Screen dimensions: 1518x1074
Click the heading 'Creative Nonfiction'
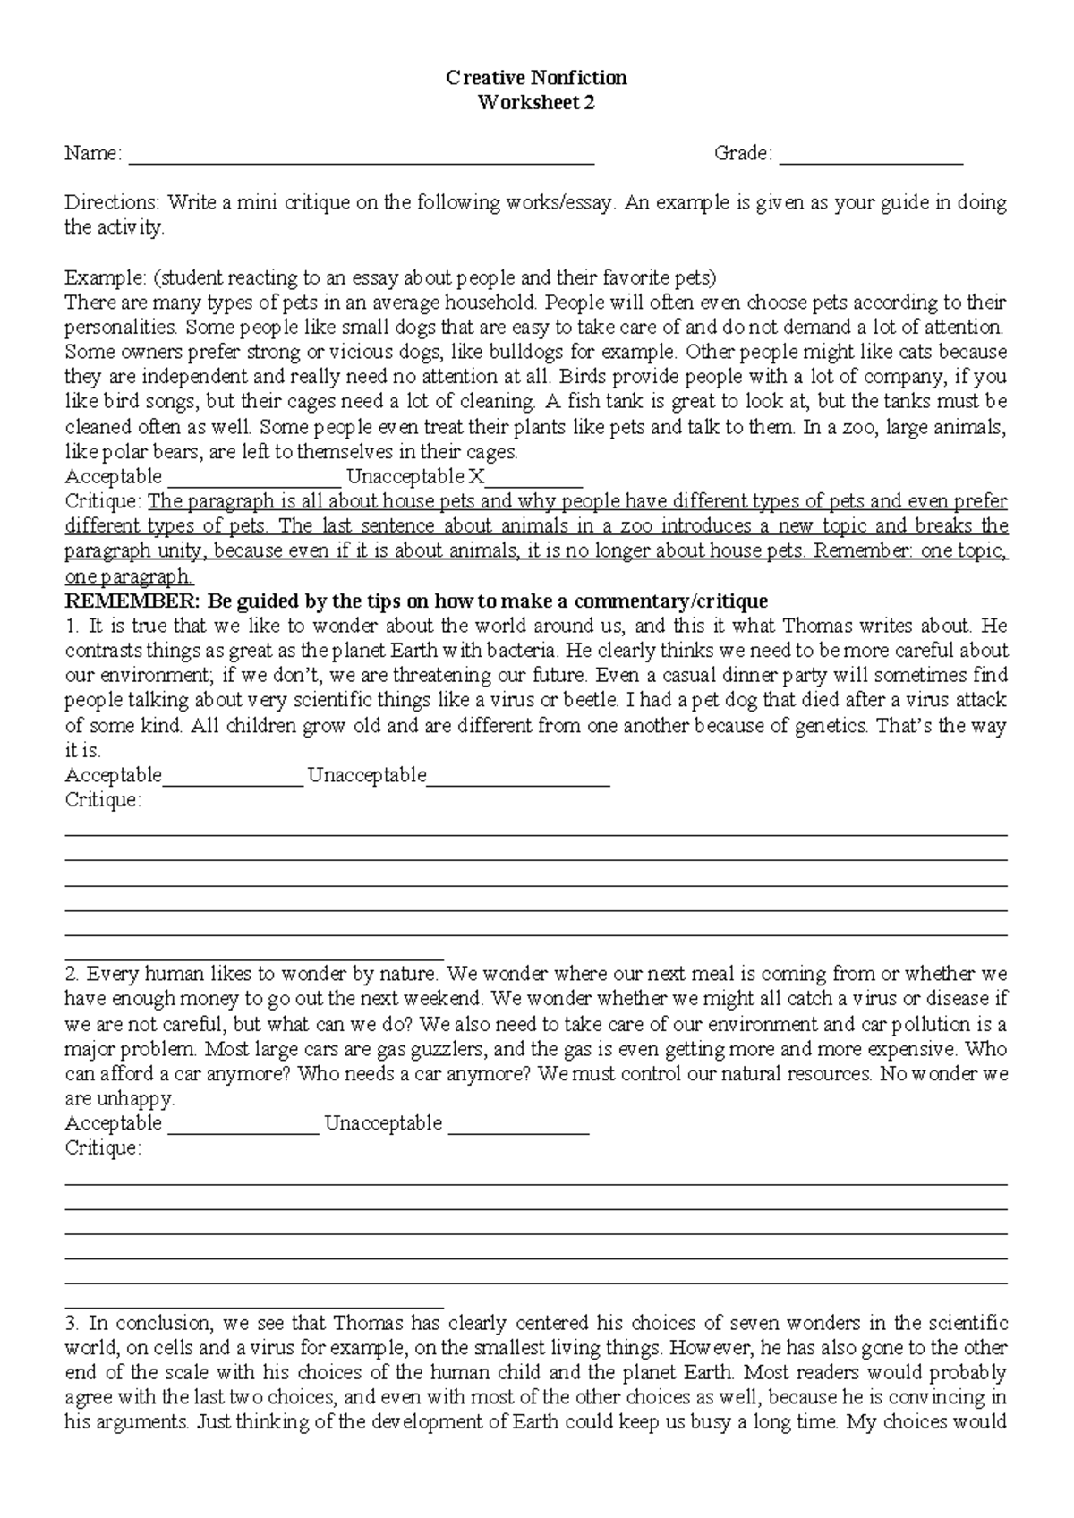click(x=536, y=78)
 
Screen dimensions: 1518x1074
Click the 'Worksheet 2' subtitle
click(x=536, y=103)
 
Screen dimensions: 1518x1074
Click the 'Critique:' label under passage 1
click(x=103, y=800)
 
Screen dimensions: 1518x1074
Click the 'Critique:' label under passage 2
click(x=103, y=1148)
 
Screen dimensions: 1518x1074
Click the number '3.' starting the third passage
click(x=73, y=1323)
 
